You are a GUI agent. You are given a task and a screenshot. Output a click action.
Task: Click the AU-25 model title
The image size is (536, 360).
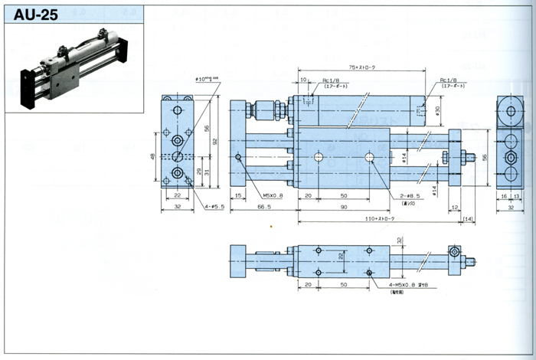(x=35, y=13)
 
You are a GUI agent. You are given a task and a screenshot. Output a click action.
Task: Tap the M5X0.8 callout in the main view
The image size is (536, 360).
(x=268, y=196)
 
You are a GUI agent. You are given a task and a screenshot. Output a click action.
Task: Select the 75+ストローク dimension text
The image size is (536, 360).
(x=359, y=68)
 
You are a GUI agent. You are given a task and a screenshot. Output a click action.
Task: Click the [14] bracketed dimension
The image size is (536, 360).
(x=469, y=220)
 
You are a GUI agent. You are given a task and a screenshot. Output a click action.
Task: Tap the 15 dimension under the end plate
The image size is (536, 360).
(x=237, y=197)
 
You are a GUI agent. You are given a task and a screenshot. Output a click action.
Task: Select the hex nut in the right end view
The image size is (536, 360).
(x=510, y=156)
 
